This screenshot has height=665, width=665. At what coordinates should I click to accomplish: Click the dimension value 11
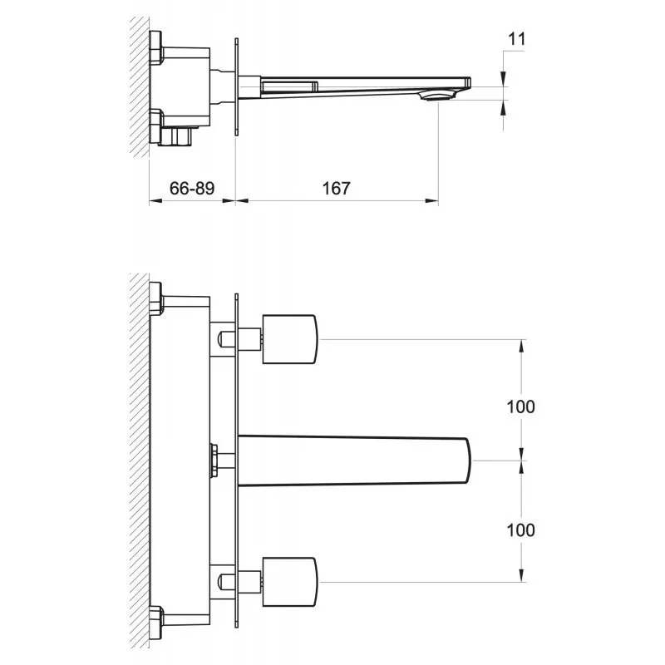pyautogui.click(x=516, y=39)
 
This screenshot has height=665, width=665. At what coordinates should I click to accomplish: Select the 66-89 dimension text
pyautogui.click(x=192, y=188)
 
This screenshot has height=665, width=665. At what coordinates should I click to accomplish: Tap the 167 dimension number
pyautogui.click(x=337, y=188)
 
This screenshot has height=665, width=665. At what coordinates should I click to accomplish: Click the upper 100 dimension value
pyautogui.click(x=521, y=406)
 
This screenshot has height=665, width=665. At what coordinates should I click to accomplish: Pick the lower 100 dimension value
pyautogui.click(x=521, y=530)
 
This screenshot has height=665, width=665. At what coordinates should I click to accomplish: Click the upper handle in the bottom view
pyautogui.click(x=289, y=339)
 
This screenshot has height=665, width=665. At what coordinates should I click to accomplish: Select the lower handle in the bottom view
pyautogui.click(x=289, y=582)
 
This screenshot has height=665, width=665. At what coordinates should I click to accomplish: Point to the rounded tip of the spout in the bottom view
pyautogui.click(x=468, y=461)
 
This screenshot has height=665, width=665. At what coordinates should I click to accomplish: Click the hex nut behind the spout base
pyautogui.click(x=214, y=461)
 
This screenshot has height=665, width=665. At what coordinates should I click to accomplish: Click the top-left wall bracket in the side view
pyautogui.click(x=156, y=47)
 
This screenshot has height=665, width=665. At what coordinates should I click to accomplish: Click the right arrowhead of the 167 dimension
pyautogui.click(x=431, y=201)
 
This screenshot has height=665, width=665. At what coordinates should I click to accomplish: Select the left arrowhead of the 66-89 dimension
pyautogui.click(x=155, y=201)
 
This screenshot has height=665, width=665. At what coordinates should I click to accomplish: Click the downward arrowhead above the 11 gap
pyautogui.click(x=503, y=78)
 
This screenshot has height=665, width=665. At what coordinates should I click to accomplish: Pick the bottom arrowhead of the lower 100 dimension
pyautogui.click(x=521, y=575)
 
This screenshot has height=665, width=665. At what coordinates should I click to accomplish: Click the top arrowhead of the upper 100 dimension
pyautogui.click(x=521, y=346)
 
